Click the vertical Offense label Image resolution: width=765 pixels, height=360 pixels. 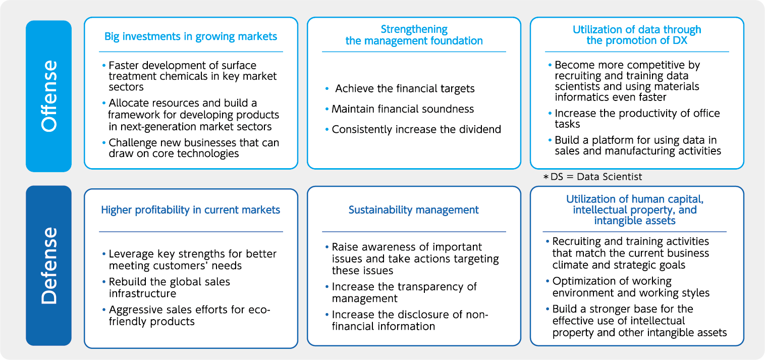pos(49,96)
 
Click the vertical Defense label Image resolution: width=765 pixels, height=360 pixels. pos(49,266)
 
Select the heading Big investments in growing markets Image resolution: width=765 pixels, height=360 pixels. pos(191,36)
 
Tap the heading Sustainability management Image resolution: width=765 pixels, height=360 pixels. pos(414,210)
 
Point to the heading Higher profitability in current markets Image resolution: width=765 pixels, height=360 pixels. pos(191,210)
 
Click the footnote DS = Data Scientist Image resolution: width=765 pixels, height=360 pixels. pos(592,177)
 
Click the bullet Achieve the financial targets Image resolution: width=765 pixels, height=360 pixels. pos(405,88)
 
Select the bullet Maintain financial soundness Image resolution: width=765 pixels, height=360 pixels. pos(403,109)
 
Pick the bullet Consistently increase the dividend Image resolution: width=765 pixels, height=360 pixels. pos(416,129)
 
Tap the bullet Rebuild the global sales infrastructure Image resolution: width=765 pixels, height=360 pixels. pos(170,288)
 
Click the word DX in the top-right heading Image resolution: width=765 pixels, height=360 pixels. pos(680,40)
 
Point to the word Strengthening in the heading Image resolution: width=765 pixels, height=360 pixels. pos(414,29)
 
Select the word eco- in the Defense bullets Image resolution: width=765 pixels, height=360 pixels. pos(259,310)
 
